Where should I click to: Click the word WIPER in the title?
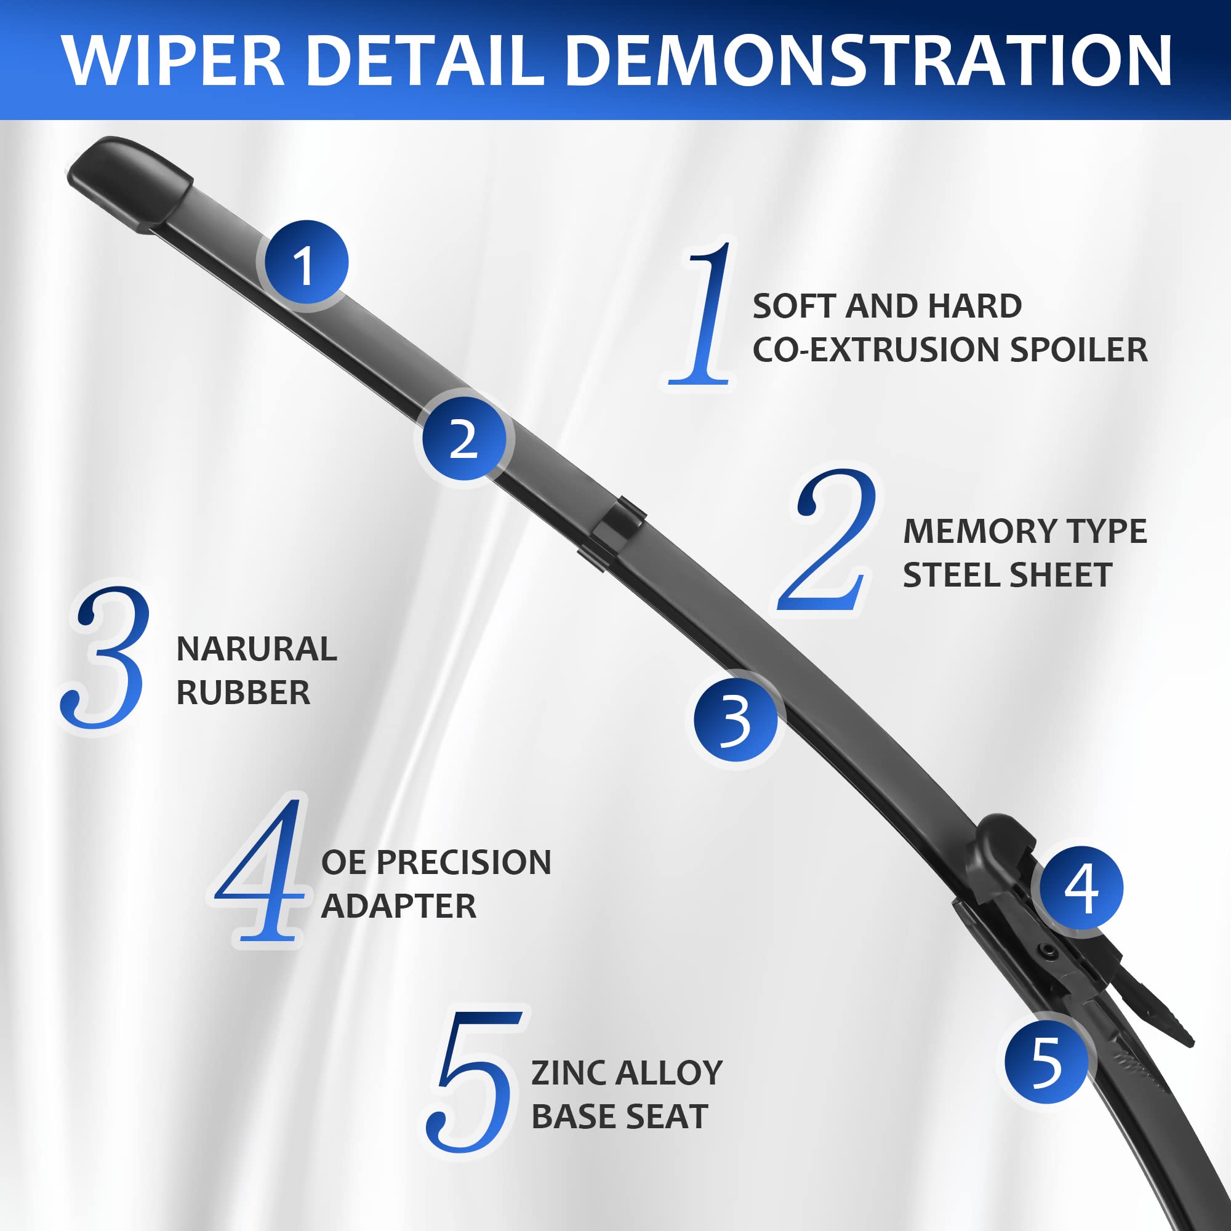coord(174,60)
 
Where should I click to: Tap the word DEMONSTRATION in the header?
coord(868,60)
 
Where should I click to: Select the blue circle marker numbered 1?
coord(307,263)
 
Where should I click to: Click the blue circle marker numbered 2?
coord(465,438)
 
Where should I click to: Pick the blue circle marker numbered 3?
coord(736,720)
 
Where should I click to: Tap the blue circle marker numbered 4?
coord(1081,889)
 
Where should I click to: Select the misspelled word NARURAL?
coord(256,649)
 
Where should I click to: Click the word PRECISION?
coord(463,863)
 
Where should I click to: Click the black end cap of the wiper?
coord(130,185)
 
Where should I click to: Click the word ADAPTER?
coord(398,906)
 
